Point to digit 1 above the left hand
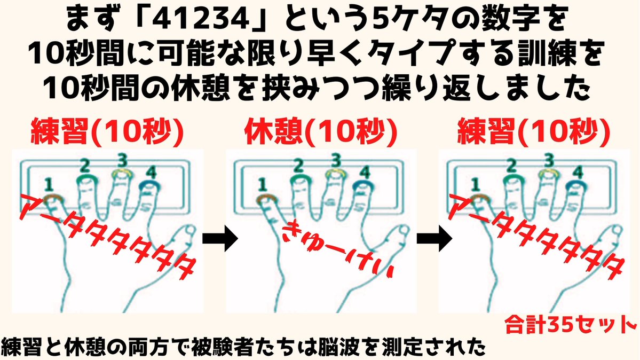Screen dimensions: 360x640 click(x=49, y=184)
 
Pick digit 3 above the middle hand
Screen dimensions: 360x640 click(x=335, y=159)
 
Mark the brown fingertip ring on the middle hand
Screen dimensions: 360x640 click(x=265, y=199)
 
